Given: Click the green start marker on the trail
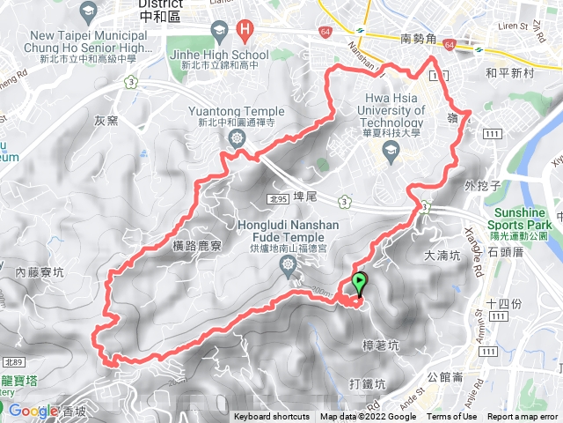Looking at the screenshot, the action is point(360,285).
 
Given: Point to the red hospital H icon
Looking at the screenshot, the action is point(245,33).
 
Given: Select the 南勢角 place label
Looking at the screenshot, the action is point(418,40).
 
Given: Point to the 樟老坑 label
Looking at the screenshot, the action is point(380,345).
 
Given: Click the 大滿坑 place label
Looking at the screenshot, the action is point(442,256).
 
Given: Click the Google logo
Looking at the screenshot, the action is point(33,411).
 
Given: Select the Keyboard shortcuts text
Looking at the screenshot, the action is point(271,417).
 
